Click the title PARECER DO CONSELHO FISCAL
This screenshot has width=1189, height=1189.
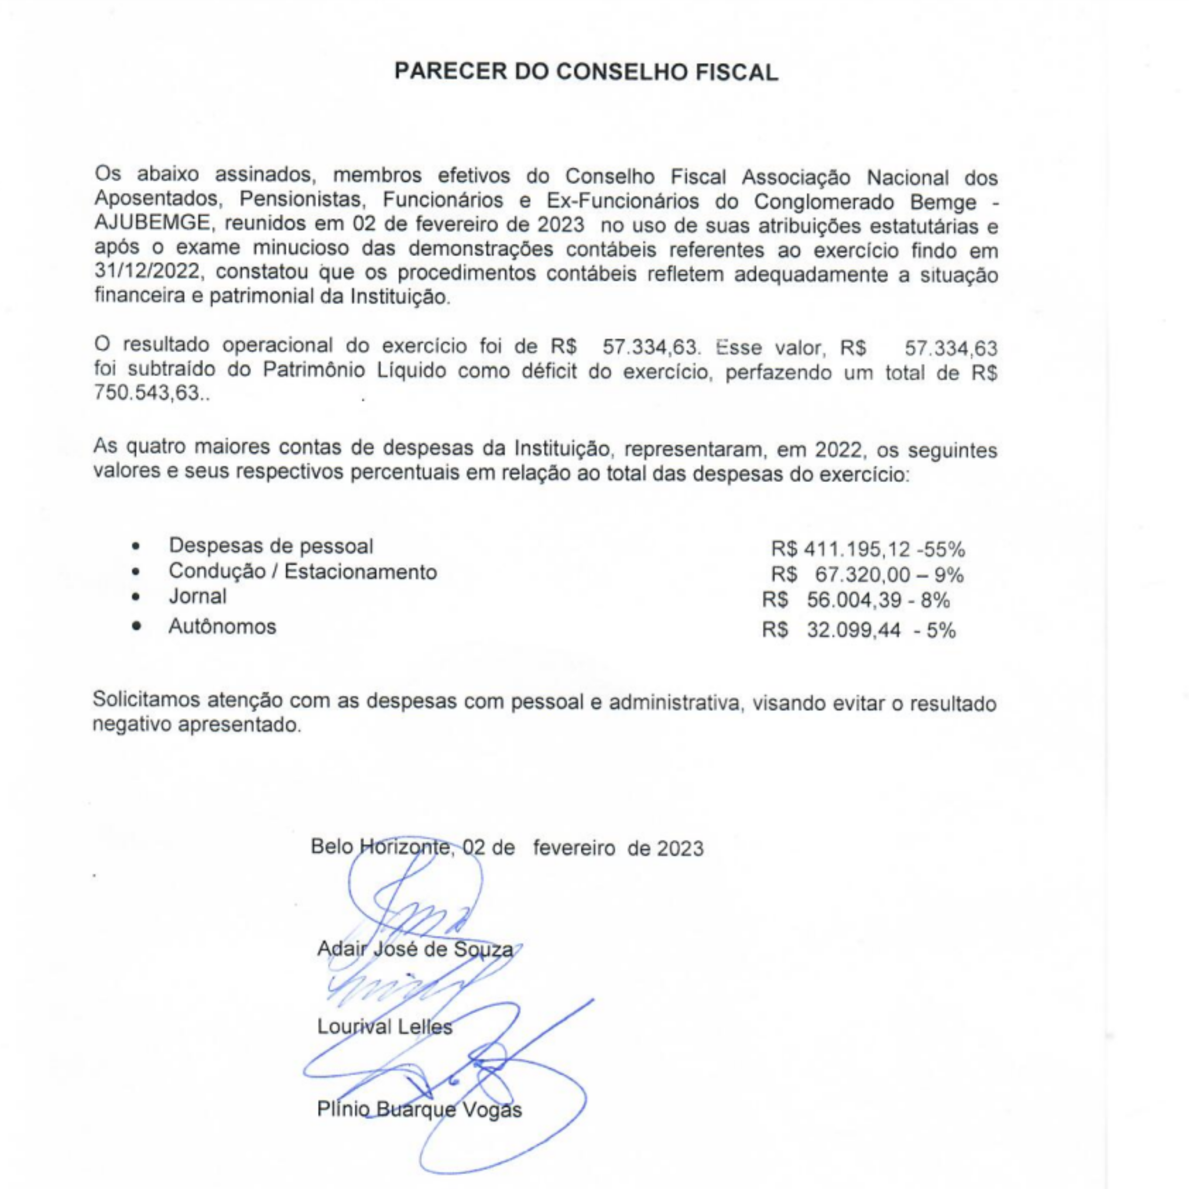(586, 72)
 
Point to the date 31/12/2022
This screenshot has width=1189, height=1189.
(147, 271)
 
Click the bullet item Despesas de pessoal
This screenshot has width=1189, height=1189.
(271, 546)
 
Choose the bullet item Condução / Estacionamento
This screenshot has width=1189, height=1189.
(303, 572)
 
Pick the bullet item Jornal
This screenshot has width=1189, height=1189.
(198, 596)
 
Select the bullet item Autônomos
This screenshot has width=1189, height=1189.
(222, 627)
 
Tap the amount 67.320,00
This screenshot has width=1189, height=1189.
(862, 575)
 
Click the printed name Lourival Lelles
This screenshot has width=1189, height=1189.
(384, 1027)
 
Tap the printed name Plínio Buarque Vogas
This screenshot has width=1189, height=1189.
(419, 1110)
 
